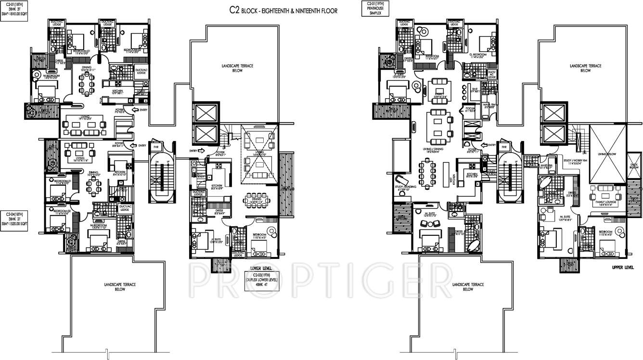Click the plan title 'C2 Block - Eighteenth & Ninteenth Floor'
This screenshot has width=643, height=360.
(x=283, y=10)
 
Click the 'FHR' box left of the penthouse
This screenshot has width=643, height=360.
(x=504, y=147)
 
